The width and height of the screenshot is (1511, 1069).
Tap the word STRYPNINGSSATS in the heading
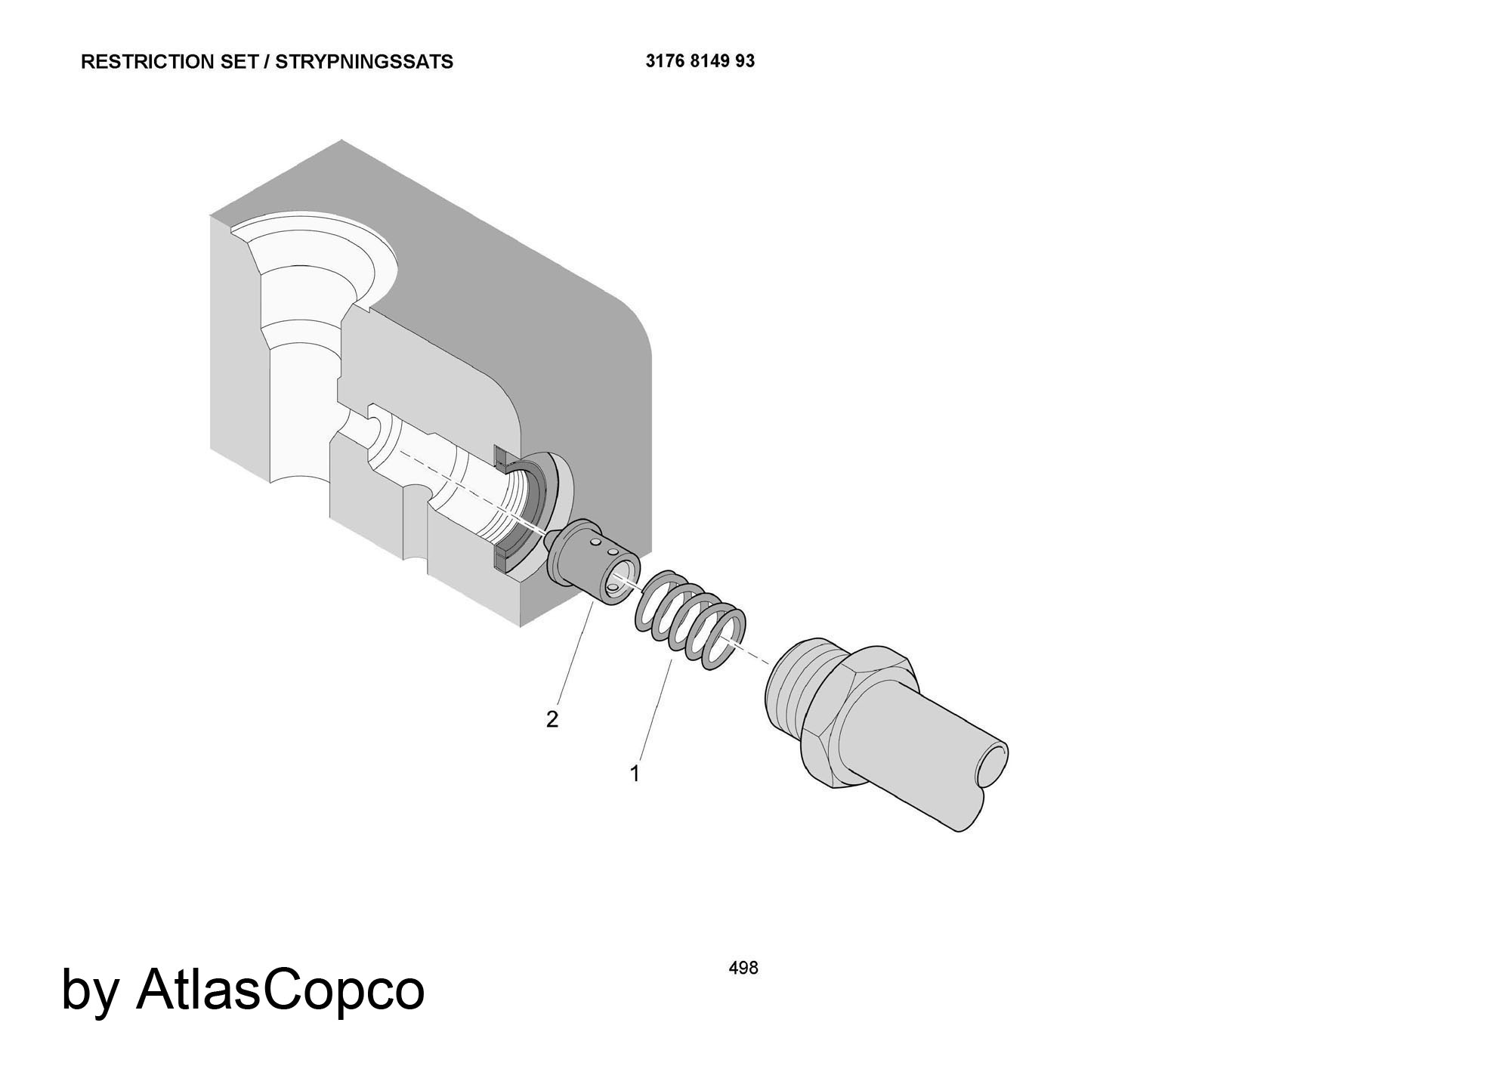[364, 62]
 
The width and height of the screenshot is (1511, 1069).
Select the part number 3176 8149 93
[700, 61]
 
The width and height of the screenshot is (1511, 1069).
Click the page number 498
[743, 968]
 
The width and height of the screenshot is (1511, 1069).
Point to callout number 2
[552, 720]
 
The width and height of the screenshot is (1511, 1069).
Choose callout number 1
[635, 774]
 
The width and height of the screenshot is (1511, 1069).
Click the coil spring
[689, 621]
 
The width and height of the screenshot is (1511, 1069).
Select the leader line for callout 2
[575, 651]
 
